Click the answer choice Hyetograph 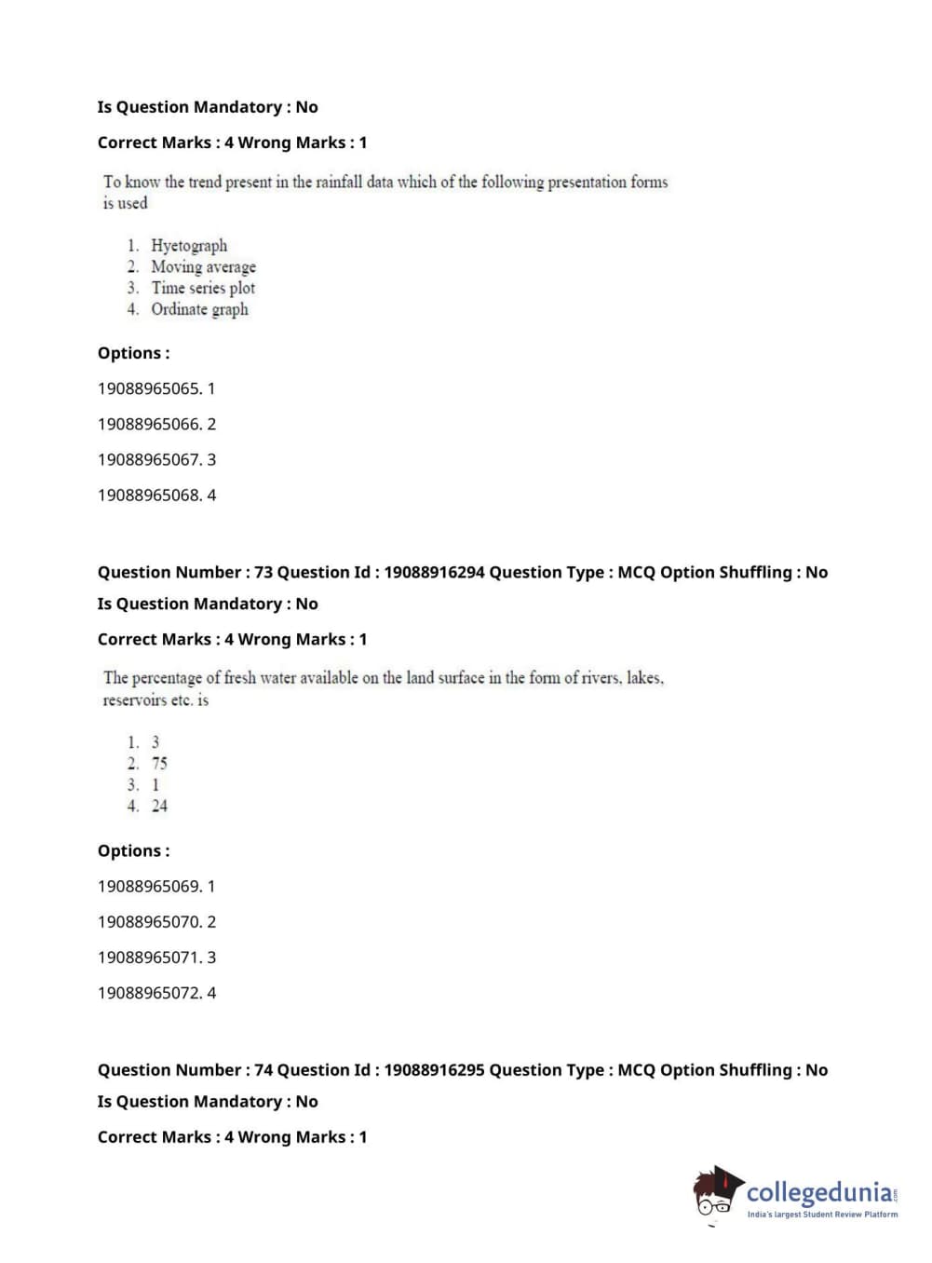189,246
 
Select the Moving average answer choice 203,267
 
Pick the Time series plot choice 203,289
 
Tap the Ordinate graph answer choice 199,309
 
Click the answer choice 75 159,764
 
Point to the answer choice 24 159,807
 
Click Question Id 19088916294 434,573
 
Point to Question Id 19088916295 434,1070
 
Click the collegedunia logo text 818,1192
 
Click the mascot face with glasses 714,1196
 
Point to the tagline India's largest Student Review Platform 822,1215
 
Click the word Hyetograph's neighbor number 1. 133,246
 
